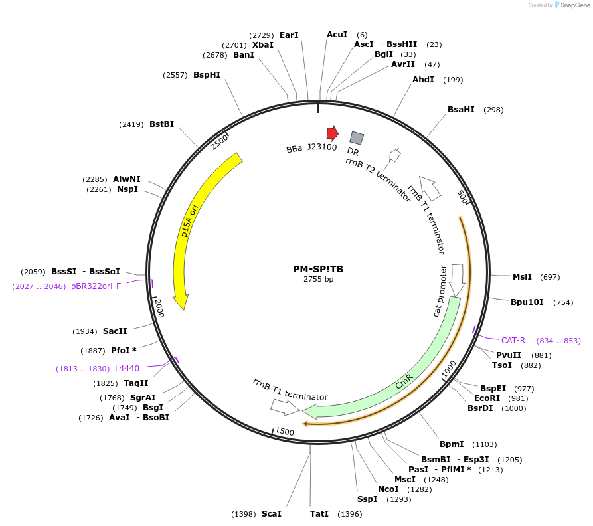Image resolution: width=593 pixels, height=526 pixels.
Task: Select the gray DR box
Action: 357,138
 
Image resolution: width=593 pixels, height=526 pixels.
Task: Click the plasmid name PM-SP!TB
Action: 318,270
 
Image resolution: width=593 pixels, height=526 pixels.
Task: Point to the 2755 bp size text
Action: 318,280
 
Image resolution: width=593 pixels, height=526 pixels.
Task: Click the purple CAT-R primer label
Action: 513,341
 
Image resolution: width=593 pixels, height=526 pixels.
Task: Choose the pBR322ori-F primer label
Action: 96,286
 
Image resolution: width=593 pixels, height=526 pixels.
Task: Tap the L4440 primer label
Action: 127,368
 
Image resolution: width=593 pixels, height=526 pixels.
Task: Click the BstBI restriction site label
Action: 161,124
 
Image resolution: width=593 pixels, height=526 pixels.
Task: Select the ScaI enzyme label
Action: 271,514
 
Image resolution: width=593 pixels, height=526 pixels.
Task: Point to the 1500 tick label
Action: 284,432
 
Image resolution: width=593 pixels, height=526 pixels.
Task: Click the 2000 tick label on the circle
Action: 159,309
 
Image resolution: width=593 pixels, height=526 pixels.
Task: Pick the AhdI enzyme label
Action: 423,80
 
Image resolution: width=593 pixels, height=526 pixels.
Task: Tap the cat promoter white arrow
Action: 457,279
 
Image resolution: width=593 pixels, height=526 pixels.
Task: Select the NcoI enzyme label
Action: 388,489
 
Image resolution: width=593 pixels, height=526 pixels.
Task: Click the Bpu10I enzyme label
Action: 527,302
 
